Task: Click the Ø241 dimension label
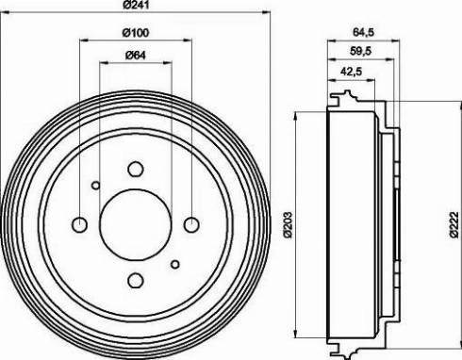click(136, 5)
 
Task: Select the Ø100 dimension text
click(136, 33)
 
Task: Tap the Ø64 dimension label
click(136, 56)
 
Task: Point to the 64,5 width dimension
click(363, 32)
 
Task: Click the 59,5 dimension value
click(360, 51)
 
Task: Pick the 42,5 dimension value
click(351, 72)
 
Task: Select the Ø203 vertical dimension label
click(289, 225)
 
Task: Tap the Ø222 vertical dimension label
click(454, 225)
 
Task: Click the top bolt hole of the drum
click(136, 169)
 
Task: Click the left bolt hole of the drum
click(79, 224)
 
